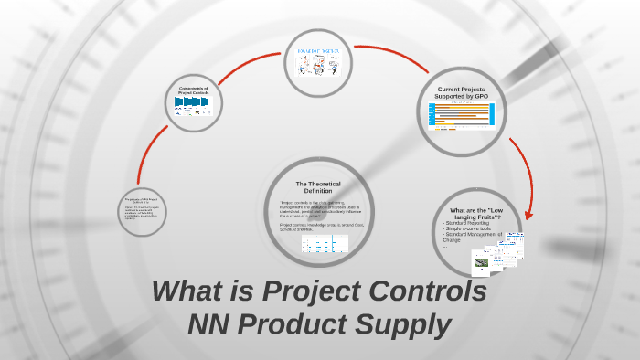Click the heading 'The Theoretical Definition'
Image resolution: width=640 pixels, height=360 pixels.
click(x=324, y=187)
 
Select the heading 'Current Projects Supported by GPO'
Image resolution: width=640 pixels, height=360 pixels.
click(x=460, y=91)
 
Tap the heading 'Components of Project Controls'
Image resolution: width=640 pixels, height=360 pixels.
click(x=194, y=90)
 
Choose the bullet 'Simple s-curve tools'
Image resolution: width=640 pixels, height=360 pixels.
click(x=468, y=229)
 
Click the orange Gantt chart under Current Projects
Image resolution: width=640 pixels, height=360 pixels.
click(x=461, y=114)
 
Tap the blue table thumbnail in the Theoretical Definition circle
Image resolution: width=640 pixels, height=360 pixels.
click(x=325, y=243)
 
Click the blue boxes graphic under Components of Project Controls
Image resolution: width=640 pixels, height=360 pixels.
click(x=194, y=103)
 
